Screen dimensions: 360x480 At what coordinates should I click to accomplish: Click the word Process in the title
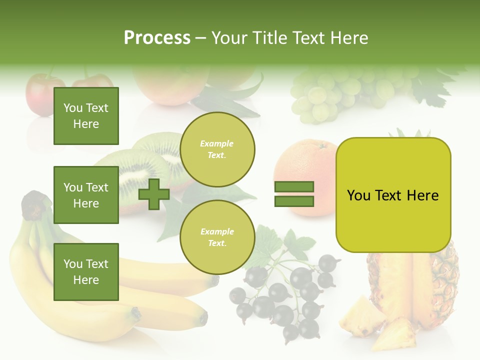[157, 38]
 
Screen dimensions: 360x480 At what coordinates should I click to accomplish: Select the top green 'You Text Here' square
[86, 116]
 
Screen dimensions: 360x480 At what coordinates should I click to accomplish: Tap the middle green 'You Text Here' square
[86, 195]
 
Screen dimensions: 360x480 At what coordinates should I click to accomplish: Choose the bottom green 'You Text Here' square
[86, 271]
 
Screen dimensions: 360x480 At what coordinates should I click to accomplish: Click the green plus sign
[154, 194]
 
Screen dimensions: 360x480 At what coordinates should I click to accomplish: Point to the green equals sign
[294, 194]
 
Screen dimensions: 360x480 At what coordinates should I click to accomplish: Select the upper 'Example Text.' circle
[217, 149]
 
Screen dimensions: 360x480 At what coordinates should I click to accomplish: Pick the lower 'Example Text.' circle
[217, 237]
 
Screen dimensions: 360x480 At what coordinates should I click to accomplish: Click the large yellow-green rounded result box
[393, 194]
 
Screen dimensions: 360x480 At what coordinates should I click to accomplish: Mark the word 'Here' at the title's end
[350, 38]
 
